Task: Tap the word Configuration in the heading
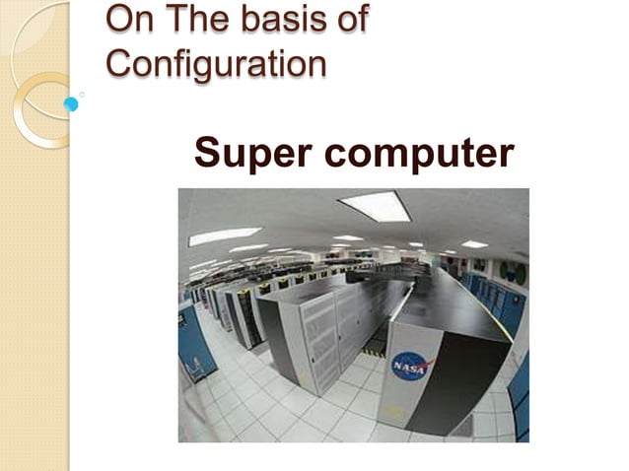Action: pos(216,63)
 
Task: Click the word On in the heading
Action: pos(126,18)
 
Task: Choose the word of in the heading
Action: pos(348,18)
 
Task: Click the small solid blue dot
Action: pos(71,103)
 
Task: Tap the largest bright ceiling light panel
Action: pos(374,205)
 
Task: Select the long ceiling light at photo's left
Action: pos(226,235)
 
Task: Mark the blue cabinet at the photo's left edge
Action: pos(196,341)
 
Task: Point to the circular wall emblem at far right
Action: pos(512,271)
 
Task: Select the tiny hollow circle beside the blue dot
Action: pos(82,95)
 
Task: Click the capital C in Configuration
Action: pos(118,63)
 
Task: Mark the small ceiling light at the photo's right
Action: pos(474,243)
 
